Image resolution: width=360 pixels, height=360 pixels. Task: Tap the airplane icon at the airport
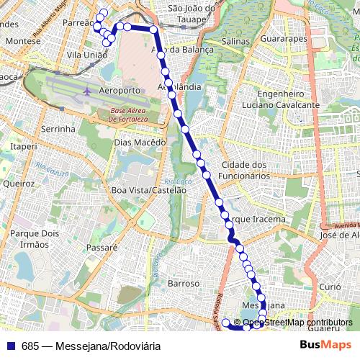[87, 91]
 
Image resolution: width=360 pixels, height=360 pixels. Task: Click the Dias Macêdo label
[140, 143]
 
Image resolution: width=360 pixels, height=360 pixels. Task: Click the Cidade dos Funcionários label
[245, 170]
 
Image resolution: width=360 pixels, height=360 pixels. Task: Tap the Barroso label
[183, 284]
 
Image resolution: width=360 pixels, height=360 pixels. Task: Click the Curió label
[330, 287]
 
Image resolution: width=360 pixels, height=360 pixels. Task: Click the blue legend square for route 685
[11, 346]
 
